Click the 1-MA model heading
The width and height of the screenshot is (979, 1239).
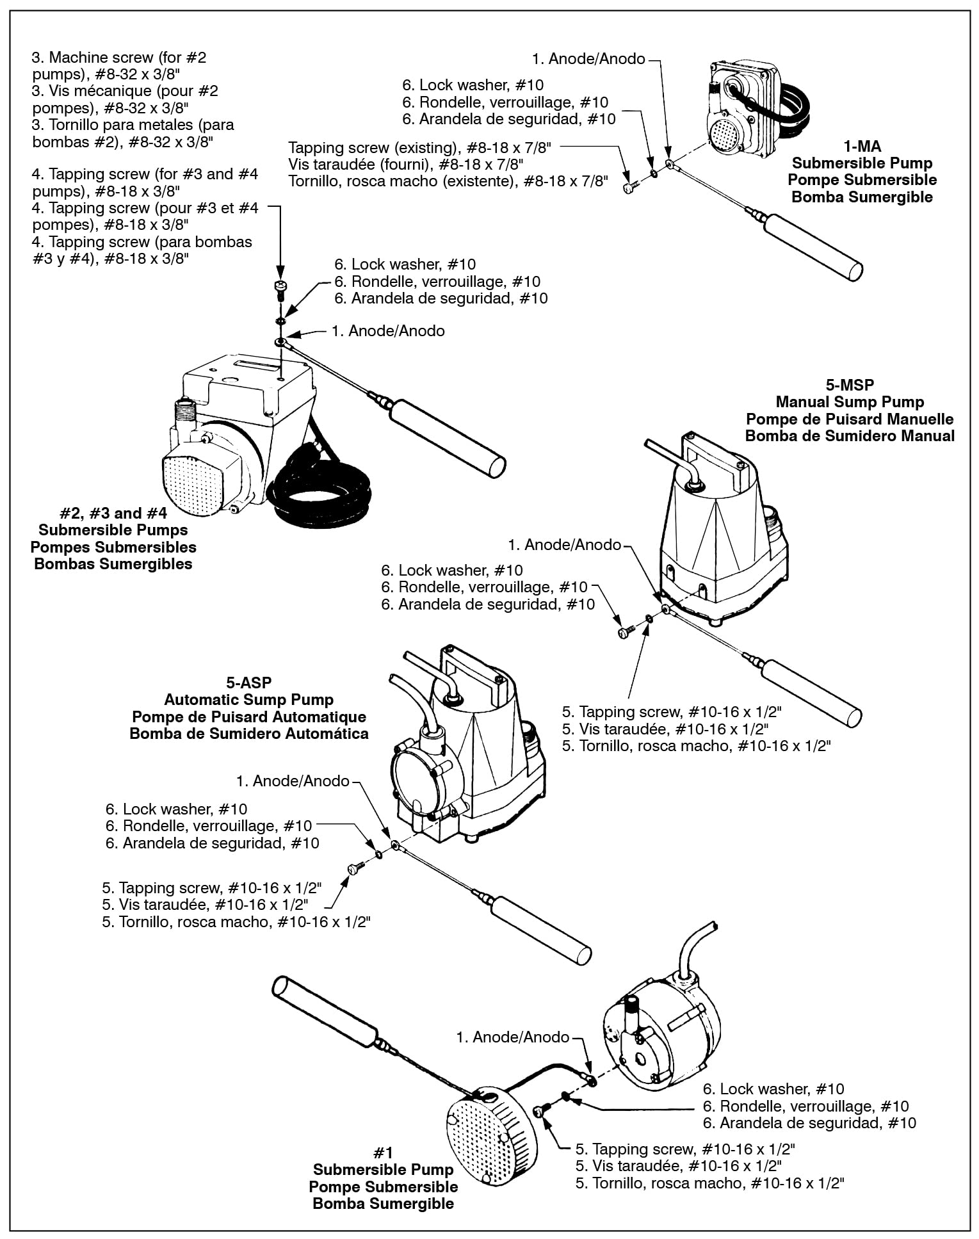point(862,147)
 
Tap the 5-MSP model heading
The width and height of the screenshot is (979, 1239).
point(850,385)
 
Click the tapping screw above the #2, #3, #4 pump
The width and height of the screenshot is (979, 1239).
point(280,289)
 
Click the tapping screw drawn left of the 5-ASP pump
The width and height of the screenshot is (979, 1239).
point(354,868)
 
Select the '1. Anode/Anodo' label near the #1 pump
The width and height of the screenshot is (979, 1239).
point(512,1036)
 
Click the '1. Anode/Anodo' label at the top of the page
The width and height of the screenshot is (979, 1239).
point(588,59)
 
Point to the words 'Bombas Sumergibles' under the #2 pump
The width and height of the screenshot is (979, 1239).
point(113,564)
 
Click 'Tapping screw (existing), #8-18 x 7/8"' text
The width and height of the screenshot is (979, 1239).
point(419,148)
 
